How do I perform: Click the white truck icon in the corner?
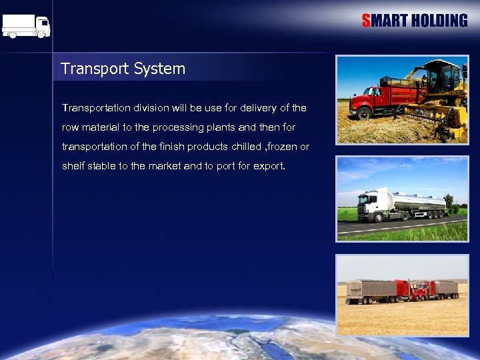[26, 26]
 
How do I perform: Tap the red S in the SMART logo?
[366, 21]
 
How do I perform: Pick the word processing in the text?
[183, 127]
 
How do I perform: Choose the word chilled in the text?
[248, 146]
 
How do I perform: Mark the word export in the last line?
[268, 165]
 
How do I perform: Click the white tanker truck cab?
[370, 207]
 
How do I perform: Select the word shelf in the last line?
[73, 165]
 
